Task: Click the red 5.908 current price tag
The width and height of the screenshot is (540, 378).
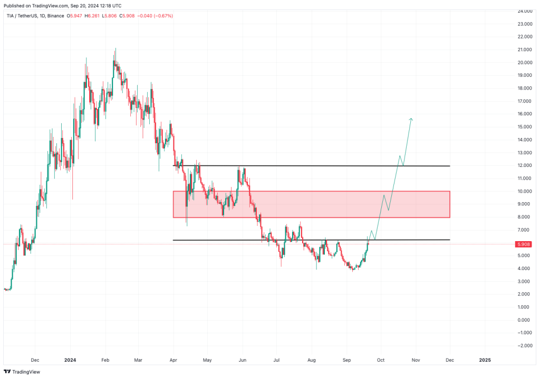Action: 523,244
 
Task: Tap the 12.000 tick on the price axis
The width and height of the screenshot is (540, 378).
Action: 525,165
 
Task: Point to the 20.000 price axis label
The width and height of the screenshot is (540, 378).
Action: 525,63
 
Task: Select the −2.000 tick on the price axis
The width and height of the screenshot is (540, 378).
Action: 524,346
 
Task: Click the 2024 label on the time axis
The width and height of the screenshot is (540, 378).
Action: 70,360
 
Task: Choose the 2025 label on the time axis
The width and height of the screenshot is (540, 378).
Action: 485,360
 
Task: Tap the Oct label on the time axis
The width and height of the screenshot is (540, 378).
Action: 381,360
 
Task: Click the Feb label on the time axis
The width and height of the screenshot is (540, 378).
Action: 105,360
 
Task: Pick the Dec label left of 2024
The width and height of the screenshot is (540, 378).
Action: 35,360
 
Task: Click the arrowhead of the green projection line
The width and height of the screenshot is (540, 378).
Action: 411,119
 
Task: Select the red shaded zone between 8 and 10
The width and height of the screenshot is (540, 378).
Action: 311,204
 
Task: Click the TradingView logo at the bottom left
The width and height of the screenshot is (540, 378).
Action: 22,372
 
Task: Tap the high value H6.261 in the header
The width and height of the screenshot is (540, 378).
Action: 92,16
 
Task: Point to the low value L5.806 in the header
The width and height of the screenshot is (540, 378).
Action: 109,16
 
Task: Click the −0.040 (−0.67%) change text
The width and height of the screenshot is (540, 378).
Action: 155,16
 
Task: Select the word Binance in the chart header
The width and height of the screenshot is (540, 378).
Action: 55,16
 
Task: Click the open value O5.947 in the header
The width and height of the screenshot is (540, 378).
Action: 74,16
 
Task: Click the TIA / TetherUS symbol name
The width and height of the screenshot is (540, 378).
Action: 21,16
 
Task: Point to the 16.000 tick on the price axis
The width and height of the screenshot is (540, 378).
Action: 525,114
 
